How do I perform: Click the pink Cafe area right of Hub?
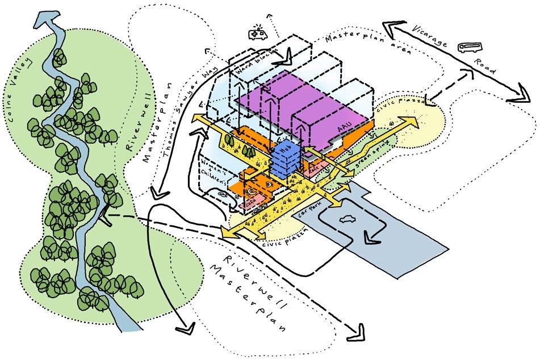[x=315, y=170]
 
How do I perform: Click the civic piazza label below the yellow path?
[x=287, y=237]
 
